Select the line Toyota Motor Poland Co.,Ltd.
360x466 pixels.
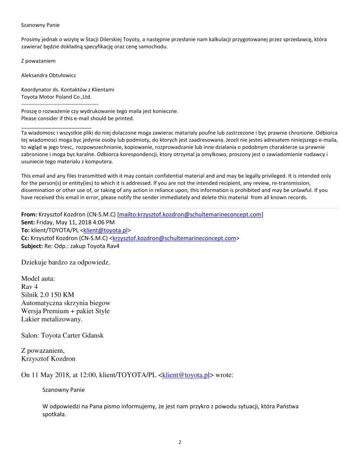pyautogui.click(x=56, y=96)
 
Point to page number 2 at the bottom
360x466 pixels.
pyautogui.click(x=180, y=443)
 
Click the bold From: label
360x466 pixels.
pyautogui.click(x=29, y=215)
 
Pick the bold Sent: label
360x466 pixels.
pyautogui.click(x=29, y=222)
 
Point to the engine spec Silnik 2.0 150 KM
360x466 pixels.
pyautogui.click(x=48, y=295)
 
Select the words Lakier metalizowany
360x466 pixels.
pyautogui.click(x=52, y=319)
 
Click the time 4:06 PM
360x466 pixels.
pyautogui.click(x=102, y=222)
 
